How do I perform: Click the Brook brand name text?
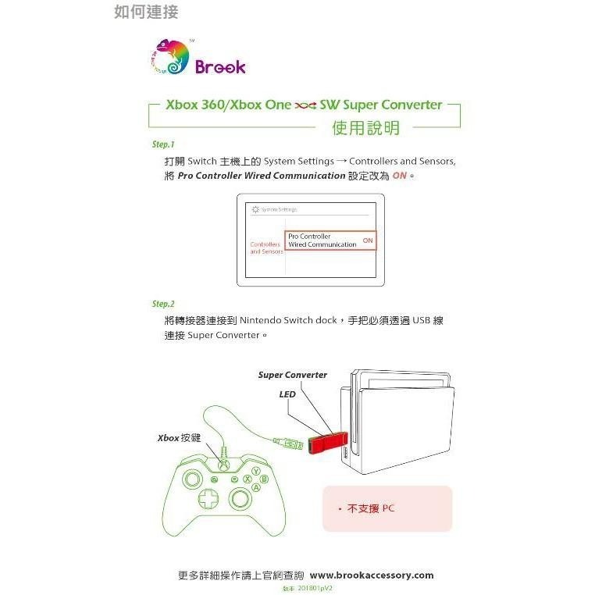coord(220,67)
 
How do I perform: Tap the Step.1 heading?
coord(163,144)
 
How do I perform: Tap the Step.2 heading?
coord(163,304)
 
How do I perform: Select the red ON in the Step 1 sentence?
coord(400,176)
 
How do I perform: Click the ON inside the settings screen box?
coord(367,240)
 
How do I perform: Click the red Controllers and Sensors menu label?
coord(266,248)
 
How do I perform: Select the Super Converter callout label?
coord(292,375)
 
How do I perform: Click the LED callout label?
coord(287,394)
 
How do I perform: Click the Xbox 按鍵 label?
coord(180,438)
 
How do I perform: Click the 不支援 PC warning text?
coord(371,508)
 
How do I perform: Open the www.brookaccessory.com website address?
coord(376,575)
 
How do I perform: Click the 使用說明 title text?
coord(365,127)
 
